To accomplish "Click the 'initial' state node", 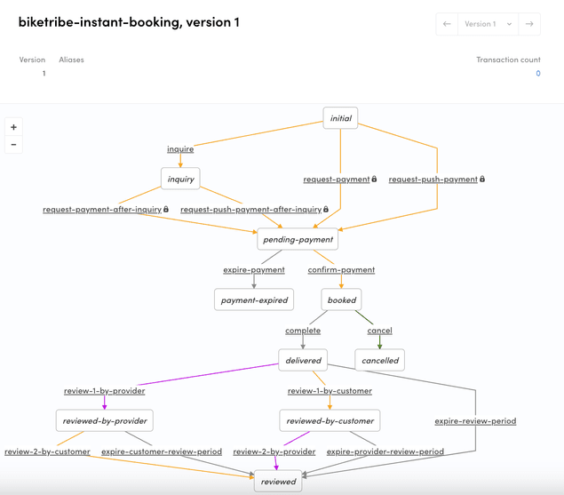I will (340, 118).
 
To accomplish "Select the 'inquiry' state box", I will (180, 179).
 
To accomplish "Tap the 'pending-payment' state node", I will (298, 239).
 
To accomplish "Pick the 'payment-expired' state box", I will (254, 299).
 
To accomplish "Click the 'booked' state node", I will (341, 300).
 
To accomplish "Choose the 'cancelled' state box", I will (379, 360).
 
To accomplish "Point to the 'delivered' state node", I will (303, 360).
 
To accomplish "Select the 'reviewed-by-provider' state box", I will (104, 420).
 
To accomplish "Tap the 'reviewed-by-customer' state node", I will (330, 420).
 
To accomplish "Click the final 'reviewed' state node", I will (278, 482).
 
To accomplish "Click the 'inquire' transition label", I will (180, 148).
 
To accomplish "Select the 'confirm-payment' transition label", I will (341, 269).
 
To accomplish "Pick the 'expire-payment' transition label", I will (254, 269).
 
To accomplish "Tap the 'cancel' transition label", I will (379, 330).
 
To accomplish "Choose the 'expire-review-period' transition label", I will (475, 420).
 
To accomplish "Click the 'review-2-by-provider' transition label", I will (274, 451).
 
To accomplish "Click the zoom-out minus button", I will (13, 144).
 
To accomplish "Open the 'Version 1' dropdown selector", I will (488, 24).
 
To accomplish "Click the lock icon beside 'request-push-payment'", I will (482, 180).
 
